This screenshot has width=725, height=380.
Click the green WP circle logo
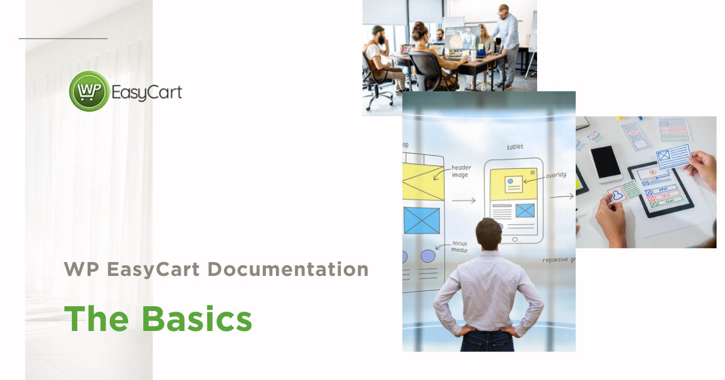[x=89, y=91]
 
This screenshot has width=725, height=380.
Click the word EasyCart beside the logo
[x=146, y=92]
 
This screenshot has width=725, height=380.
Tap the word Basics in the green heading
[x=197, y=319]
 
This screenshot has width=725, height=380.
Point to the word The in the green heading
[x=97, y=319]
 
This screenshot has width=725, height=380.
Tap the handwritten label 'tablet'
[x=515, y=146]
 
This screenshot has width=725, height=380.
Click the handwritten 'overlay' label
[x=556, y=175]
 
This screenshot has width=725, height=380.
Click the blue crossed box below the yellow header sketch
[x=422, y=220]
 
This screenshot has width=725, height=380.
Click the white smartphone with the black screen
[x=605, y=163]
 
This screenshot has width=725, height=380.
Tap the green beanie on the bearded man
[x=378, y=30]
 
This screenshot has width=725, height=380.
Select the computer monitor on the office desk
[x=463, y=38]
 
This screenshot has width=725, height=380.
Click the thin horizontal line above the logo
[x=63, y=38]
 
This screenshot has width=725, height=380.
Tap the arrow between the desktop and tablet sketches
[x=463, y=200]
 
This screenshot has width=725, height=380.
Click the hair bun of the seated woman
[x=417, y=26]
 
